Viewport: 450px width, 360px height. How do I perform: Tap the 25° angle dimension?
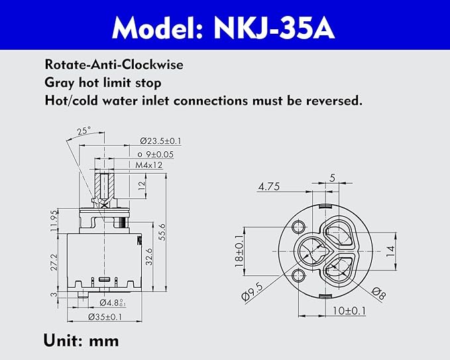(83, 131)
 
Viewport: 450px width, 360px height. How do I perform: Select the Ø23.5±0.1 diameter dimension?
(160, 141)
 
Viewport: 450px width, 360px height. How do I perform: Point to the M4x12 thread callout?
(149, 164)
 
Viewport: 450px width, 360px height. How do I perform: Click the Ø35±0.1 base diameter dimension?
(106, 317)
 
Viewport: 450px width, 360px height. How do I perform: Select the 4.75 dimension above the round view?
(270, 187)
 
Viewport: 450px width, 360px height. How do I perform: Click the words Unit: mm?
(81, 341)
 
